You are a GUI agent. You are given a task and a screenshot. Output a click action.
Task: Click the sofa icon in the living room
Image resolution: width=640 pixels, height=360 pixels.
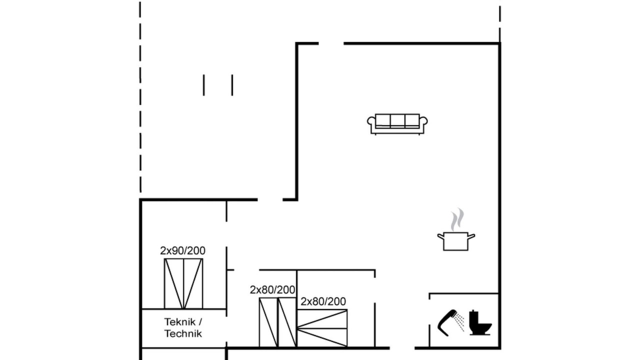pyautogui.click(x=397, y=124)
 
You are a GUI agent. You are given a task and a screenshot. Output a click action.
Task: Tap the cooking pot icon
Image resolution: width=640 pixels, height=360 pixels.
pyautogui.click(x=456, y=241)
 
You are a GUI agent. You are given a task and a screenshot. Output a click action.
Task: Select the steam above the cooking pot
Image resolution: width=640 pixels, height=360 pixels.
pyautogui.click(x=457, y=219)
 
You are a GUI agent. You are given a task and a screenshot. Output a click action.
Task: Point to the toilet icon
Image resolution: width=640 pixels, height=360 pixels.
pyautogui.click(x=480, y=323)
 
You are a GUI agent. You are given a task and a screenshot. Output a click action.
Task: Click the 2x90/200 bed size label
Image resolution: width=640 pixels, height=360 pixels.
pyautogui.click(x=182, y=250)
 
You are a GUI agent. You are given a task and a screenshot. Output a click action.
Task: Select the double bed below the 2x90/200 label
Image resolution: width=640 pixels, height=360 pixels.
pyautogui.click(x=183, y=283)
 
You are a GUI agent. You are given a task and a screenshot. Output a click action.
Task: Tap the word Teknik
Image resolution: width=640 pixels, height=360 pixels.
pyautogui.click(x=180, y=322)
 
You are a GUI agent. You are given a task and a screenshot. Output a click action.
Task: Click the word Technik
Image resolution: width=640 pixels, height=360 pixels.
pyautogui.click(x=183, y=333)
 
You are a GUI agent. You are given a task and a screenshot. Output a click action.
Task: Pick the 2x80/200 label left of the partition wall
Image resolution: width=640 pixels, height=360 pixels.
pyautogui.click(x=272, y=289)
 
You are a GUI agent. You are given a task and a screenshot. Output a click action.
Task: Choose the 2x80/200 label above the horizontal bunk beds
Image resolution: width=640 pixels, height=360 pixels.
pyautogui.click(x=323, y=301)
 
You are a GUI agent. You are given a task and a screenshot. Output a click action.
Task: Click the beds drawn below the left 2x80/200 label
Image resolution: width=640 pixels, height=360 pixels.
pyautogui.click(x=277, y=322)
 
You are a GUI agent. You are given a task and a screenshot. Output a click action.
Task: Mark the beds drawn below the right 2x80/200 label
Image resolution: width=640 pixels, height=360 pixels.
pyautogui.click(x=322, y=328)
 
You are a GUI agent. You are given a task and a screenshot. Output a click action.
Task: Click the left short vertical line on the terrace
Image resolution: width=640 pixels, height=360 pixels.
pyautogui.click(x=203, y=85)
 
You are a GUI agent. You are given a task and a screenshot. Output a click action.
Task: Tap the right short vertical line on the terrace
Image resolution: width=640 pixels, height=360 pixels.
pyautogui.click(x=232, y=85)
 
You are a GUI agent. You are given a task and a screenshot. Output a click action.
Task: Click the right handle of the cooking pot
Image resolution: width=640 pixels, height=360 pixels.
pyautogui.click(x=471, y=236)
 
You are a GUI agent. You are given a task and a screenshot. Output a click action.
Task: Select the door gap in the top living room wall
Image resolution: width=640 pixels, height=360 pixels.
pyautogui.click(x=331, y=43)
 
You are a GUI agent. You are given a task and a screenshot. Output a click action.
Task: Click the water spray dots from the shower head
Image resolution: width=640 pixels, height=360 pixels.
pyautogui.click(x=459, y=322)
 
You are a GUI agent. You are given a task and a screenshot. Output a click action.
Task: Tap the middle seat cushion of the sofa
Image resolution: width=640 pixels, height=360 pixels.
pyautogui.click(x=397, y=120)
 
